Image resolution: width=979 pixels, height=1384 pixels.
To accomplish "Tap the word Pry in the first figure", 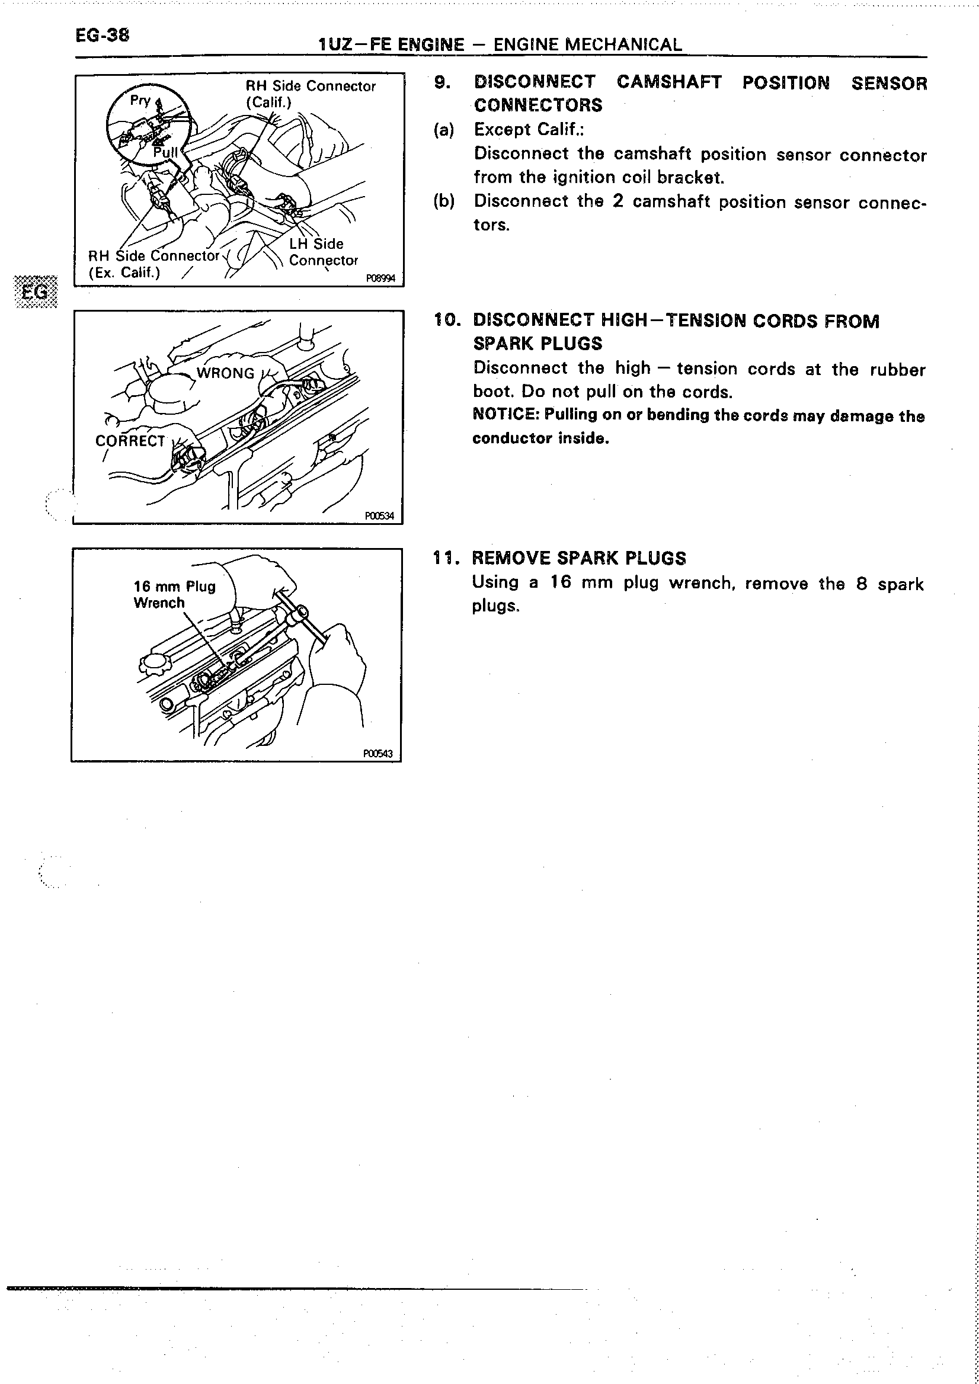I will click(x=140, y=100).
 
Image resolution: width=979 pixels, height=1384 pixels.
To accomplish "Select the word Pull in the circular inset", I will click(x=165, y=152).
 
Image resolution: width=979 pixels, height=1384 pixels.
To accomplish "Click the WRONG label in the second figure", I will click(x=225, y=373).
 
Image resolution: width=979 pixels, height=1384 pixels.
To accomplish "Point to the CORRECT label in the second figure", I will click(x=130, y=441).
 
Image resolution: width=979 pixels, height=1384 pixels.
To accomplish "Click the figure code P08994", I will click(x=380, y=278).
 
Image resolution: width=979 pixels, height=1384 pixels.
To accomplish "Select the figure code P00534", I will click(x=379, y=516).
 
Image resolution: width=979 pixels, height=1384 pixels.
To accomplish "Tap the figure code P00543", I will click(x=377, y=754).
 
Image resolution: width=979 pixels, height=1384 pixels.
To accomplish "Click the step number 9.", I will click(x=442, y=82).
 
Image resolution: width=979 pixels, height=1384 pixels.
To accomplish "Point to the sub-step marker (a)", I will click(x=444, y=130).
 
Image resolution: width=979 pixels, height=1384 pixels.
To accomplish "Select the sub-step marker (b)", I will click(x=444, y=201).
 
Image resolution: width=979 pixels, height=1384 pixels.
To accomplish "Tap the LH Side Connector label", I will click(x=323, y=252).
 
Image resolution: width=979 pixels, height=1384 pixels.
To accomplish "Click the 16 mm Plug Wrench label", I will click(x=174, y=594).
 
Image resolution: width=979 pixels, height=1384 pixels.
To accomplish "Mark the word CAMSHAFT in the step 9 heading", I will click(x=668, y=82).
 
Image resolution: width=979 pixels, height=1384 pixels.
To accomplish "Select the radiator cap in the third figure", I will click(x=152, y=664).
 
